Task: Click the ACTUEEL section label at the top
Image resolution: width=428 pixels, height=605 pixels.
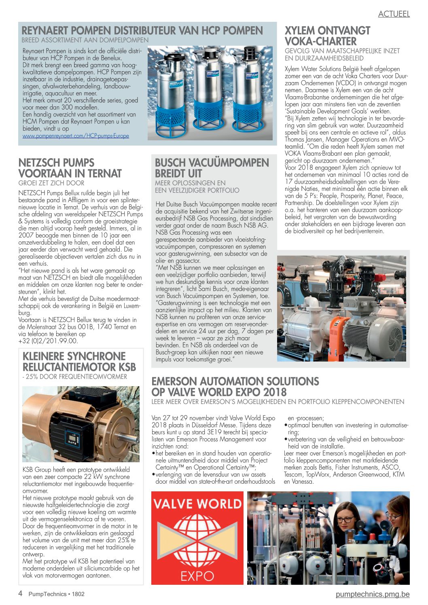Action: coord(394,14)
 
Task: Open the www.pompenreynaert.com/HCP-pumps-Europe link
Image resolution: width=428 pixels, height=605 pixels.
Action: coord(76,136)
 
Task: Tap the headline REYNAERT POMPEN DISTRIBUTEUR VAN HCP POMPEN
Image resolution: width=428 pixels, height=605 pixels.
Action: coord(142,31)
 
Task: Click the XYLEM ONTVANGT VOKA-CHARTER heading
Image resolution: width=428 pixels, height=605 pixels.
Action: coord(327,36)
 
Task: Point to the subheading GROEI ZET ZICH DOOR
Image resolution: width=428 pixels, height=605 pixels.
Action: coord(51,183)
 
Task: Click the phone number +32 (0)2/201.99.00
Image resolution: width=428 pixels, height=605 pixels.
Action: coord(48,341)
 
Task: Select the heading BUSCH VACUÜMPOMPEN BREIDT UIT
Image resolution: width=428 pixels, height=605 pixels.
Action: coord(212,168)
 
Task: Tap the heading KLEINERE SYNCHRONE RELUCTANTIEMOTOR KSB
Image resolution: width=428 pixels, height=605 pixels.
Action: coord(79,362)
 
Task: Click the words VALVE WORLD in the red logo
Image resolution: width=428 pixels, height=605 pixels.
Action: coord(197,503)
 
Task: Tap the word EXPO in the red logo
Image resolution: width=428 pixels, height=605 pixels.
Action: coord(197,575)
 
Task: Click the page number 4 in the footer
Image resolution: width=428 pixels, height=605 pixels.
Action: coord(20,594)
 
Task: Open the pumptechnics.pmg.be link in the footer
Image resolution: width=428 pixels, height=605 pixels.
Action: coord(372,594)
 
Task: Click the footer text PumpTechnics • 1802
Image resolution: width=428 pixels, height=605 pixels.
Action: coord(56,594)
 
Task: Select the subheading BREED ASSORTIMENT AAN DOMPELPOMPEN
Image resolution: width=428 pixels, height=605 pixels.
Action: coord(85,40)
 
